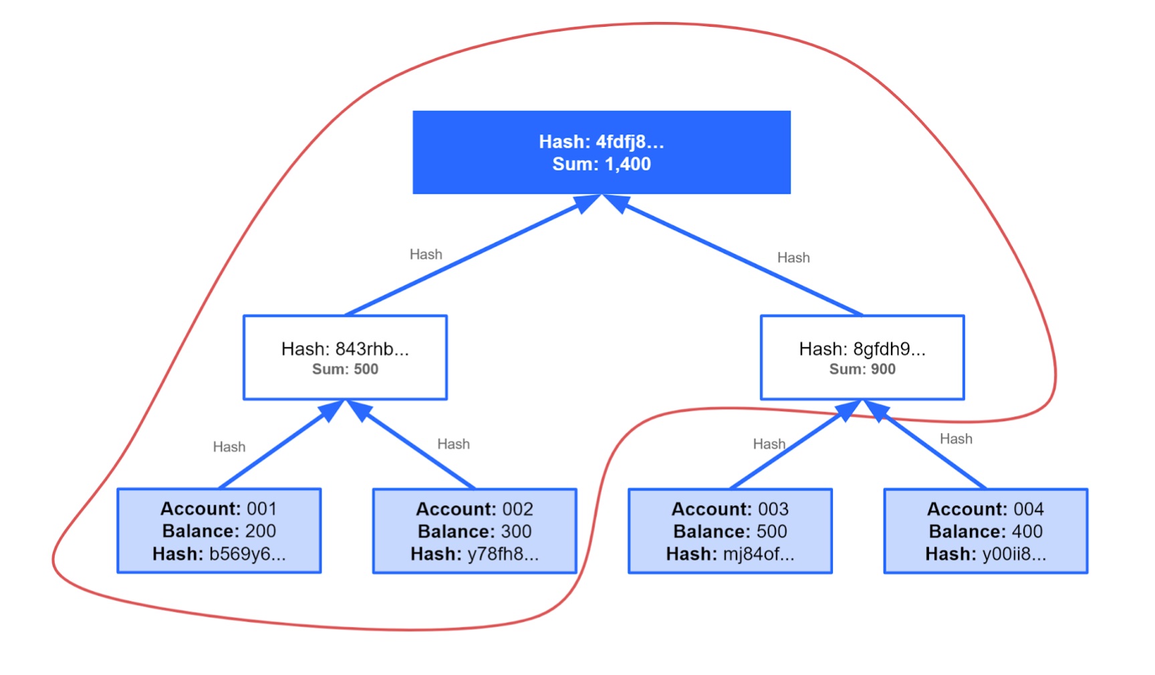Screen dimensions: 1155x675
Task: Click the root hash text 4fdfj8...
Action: click(630, 142)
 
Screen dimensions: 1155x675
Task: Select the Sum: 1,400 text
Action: click(602, 164)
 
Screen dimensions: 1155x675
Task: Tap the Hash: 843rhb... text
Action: click(345, 349)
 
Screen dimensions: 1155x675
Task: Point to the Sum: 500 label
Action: click(345, 369)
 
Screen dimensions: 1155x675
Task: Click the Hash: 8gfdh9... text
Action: click(862, 349)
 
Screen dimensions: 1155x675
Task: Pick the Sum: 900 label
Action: click(862, 369)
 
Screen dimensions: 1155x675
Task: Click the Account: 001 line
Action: click(219, 509)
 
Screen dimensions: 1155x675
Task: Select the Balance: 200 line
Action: click(219, 531)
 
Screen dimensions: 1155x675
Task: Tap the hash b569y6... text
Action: click(247, 554)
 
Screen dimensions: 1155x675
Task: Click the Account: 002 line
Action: click(475, 509)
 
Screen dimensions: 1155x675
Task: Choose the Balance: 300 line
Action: click(475, 531)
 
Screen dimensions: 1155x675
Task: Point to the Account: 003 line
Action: click(730, 509)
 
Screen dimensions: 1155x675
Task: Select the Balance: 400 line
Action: click(986, 531)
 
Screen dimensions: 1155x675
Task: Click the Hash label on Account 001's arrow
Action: click(229, 446)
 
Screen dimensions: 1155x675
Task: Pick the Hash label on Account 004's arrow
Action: click(956, 438)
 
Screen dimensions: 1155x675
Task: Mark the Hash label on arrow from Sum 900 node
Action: click(793, 257)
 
